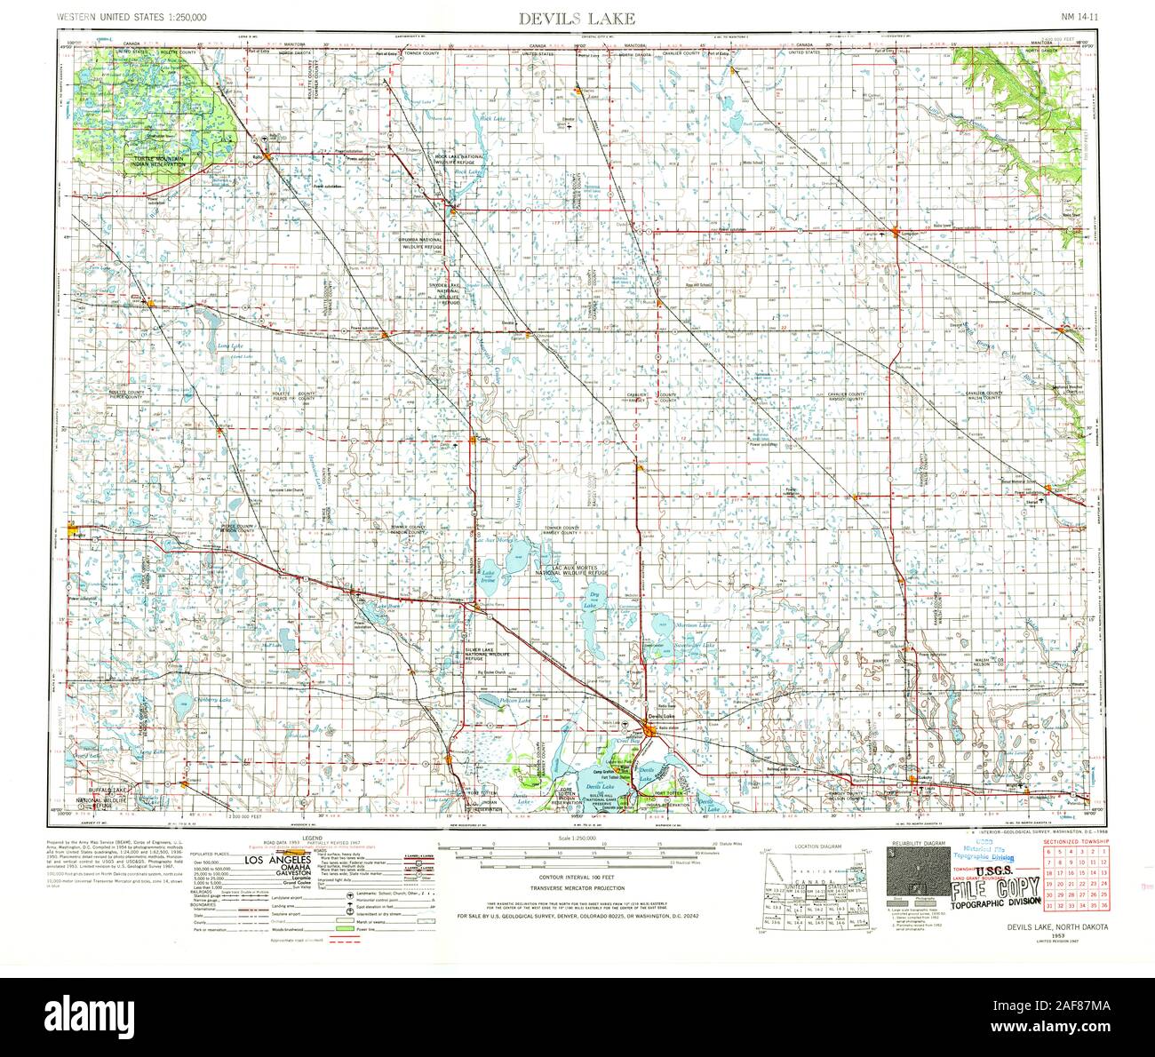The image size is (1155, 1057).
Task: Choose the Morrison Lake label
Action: coord(693,625)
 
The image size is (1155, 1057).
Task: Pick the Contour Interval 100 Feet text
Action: coord(577,877)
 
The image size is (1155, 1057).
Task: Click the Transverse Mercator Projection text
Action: coord(577,888)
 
